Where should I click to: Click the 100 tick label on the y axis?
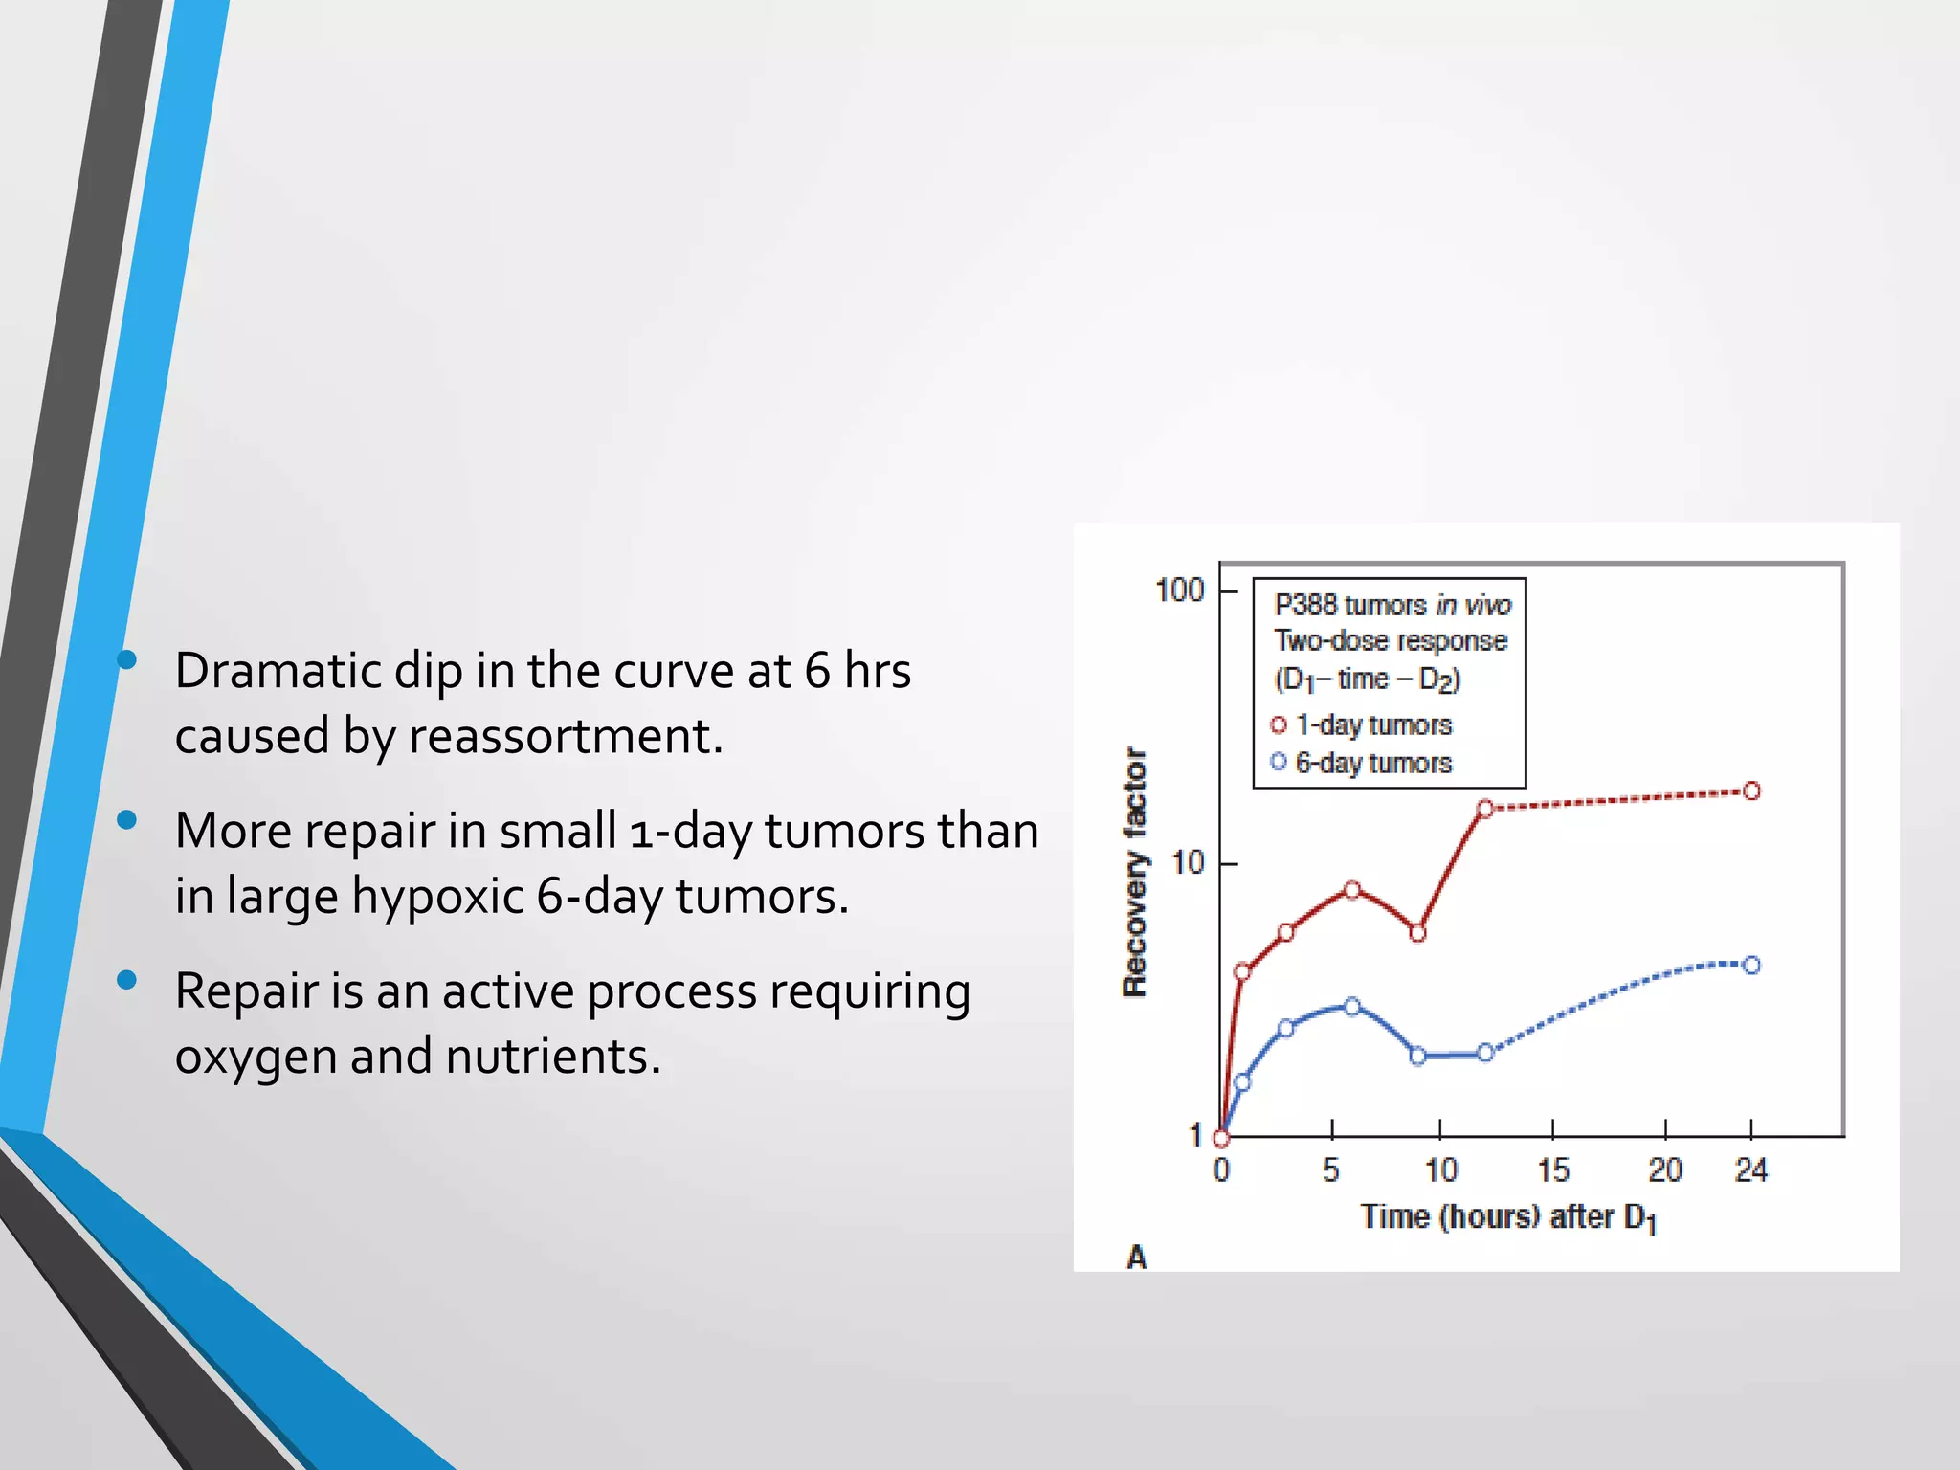(x=1179, y=590)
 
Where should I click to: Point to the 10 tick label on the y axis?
(x=1188, y=863)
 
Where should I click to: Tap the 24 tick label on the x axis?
(x=1750, y=1169)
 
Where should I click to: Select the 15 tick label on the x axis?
(x=1553, y=1169)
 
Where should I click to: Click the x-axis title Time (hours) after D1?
(x=1507, y=1217)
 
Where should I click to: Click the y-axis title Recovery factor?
(x=1134, y=872)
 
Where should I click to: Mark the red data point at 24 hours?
(x=1751, y=791)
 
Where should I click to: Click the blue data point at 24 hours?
(x=1751, y=965)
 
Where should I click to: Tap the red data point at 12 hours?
(x=1484, y=809)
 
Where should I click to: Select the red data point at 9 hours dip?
(x=1418, y=933)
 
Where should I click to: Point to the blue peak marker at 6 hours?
(x=1352, y=1006)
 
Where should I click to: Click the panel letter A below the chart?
(x=1136, y=1257)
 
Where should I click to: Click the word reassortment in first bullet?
(x=565, y=736)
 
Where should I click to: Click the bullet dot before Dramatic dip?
(x=126, y=659)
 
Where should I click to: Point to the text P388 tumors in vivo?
(x=1392, y=605)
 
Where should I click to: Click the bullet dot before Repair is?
(x=126, y=980)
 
